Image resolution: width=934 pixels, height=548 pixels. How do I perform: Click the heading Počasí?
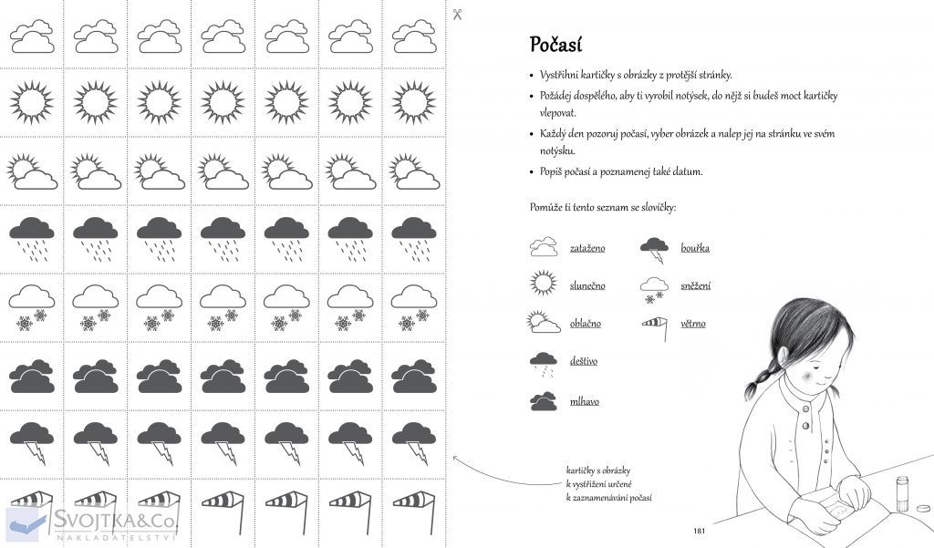(x=555, y=45)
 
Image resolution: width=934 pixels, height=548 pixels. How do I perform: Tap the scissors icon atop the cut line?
(x=458, y=14)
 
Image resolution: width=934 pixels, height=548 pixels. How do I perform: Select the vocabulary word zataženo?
(x=587, y=247)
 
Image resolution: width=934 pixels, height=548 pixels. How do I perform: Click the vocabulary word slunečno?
(x=587, y=285)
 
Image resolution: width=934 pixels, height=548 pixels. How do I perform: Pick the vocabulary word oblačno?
(x=586, y=323)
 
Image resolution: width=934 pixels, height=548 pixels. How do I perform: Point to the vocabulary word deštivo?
(x=584, y=361)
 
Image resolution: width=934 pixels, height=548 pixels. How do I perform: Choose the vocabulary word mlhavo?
(x=585, y=400)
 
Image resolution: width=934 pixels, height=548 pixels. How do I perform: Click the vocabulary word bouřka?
(x=695, y=247)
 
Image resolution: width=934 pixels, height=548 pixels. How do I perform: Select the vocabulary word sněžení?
(x=696, y=285)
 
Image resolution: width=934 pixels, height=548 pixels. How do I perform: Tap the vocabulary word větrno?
(x=693, y=323)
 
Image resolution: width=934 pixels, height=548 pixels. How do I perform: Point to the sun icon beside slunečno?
(x=544, y=284)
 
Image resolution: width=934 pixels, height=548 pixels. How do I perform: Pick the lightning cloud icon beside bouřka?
(x=654, y=246)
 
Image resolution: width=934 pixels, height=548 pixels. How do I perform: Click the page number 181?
(x=700, y=532)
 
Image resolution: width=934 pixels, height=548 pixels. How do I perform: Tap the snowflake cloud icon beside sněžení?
(x=654, y=288)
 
